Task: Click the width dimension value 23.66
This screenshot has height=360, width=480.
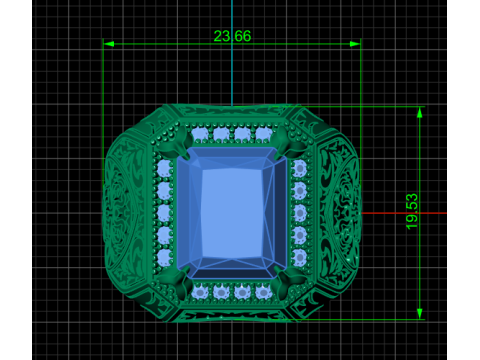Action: tap(232, 36)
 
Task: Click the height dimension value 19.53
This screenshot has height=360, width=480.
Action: tap(412, 211)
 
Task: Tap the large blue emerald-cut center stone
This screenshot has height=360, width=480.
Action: tap(232, 213)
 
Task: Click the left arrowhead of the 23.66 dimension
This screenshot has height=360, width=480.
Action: tap(109, 44)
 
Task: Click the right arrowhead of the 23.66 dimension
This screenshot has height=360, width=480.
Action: tap(355, 44)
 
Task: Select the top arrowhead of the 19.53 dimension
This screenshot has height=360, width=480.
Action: tap(420, 113)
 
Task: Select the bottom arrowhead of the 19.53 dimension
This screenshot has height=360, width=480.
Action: tap(420, 314)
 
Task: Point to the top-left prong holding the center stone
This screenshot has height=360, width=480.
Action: tap(177, 146)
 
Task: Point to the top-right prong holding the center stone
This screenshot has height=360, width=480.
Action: tap(287, 144)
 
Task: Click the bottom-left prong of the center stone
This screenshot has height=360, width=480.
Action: tap(177, 281)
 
